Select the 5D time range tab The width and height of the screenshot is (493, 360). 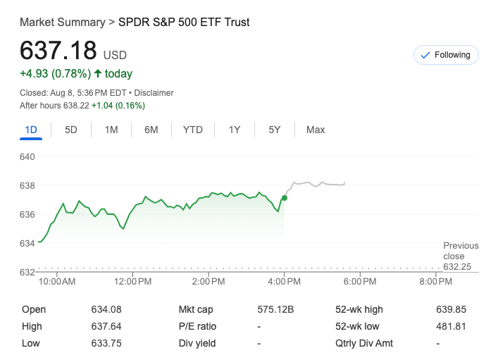tap(71, 130)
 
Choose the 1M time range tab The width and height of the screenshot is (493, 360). tap(111, 130)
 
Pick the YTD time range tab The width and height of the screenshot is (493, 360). tap(192, 130)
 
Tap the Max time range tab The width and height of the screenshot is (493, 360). tap(316, 130)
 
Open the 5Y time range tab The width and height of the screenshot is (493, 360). tap(275, 130)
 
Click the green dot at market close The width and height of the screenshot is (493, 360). tap(285, 198)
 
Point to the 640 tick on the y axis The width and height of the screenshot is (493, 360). tap(27, 156)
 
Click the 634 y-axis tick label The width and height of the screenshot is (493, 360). tap(27, 243)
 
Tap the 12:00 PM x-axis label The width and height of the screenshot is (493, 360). tap(132, 282)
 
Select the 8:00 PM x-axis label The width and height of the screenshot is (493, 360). tap(435, 282)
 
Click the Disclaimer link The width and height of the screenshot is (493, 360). tap(154, 93)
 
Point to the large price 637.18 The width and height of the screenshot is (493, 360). tap(58, 51)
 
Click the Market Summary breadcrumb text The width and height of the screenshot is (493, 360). tap(62, 23)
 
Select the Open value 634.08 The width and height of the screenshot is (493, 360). tap(106, 309)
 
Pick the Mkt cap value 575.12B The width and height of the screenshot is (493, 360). tap(275, 309)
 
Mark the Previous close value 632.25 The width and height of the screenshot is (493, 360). tap(458, 267)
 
